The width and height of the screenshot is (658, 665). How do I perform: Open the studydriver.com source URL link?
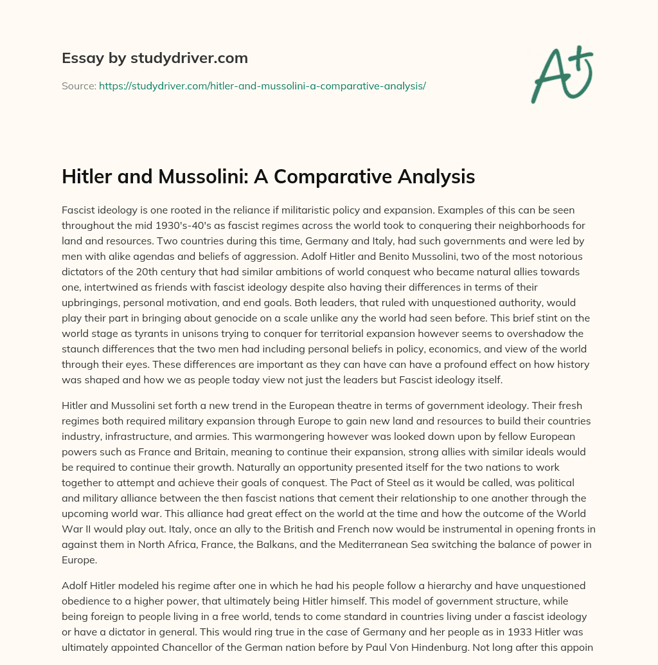[x=262, y=86]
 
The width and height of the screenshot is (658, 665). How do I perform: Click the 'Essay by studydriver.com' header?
[x=154, y=58]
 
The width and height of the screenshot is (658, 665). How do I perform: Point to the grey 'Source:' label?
[x=78, y=86]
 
